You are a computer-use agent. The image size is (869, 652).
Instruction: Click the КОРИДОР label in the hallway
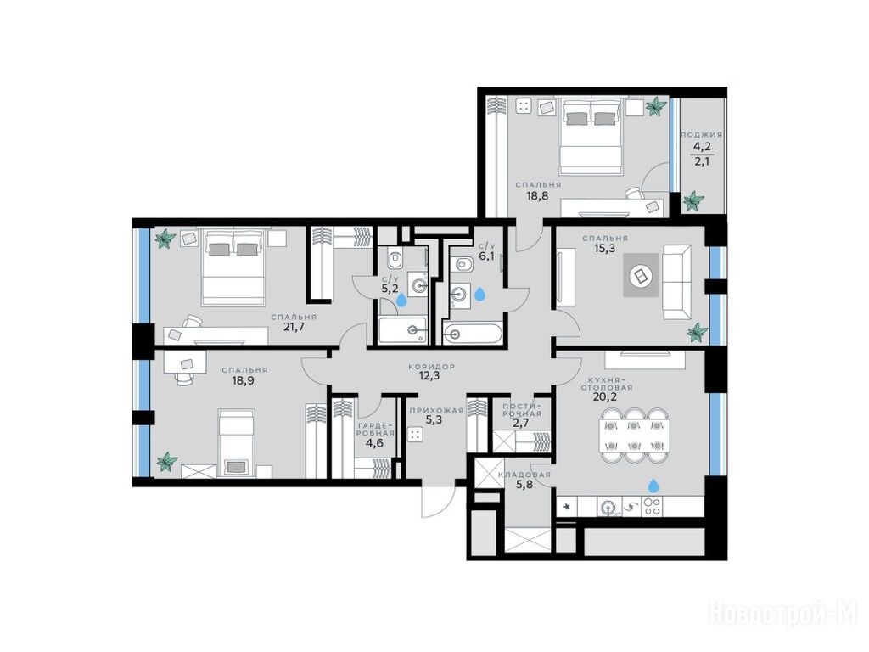click(431, 367)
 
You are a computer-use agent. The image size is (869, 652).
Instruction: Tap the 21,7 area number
click(294, 327)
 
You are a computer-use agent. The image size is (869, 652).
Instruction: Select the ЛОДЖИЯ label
click(701, 135)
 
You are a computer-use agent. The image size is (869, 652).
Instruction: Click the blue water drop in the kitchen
click(654, 486)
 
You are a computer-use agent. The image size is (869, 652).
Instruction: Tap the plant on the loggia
click(692, 200)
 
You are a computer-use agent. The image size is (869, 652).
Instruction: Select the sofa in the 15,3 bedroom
click(676, 282)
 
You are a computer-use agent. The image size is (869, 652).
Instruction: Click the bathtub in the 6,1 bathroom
click(473, 334)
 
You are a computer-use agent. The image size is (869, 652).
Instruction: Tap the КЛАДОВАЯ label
click(524, 475)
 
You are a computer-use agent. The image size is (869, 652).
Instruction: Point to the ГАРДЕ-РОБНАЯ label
click(376, 429)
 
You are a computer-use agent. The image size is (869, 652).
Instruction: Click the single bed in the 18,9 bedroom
click(237, 442)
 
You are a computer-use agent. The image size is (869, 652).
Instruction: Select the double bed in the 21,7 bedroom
click(233, 267)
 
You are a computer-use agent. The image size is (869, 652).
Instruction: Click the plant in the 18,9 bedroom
click(167, 461)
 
